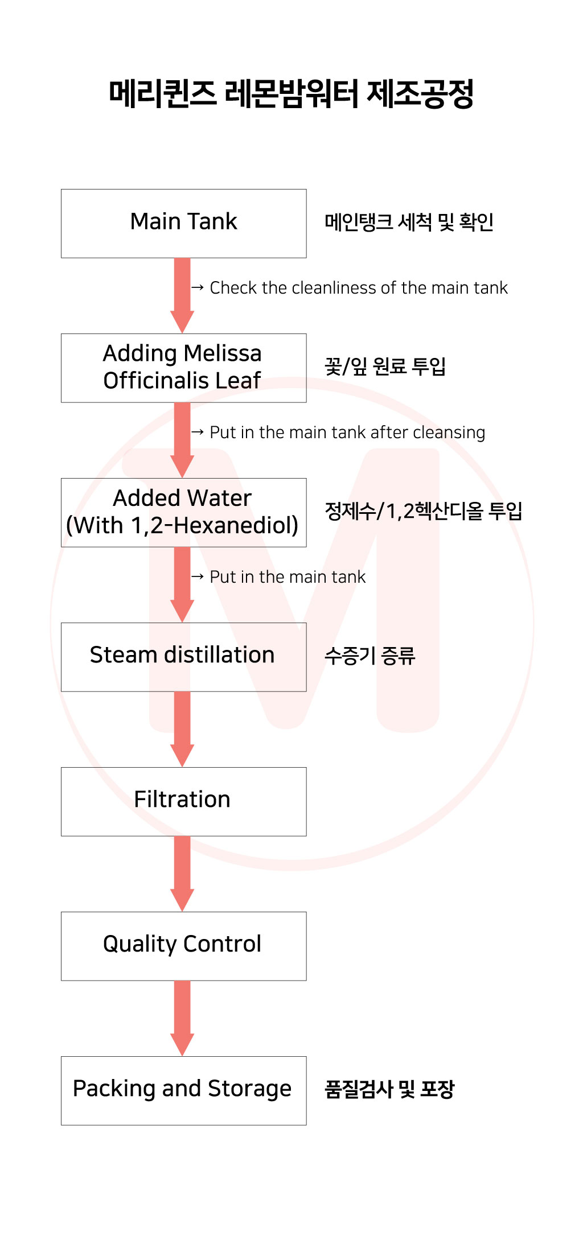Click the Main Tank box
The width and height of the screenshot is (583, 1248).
[183, 223]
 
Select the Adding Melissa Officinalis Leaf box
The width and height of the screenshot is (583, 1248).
[183, 368]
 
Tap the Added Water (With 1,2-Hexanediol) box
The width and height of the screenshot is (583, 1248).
[183, 512]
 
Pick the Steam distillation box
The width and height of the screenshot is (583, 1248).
[183, 657]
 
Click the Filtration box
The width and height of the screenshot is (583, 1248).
[183, 801]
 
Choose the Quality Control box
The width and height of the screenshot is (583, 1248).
[183, 946]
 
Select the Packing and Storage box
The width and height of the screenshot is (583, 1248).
[183, 1090]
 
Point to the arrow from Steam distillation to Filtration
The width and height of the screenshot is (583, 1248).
[182, 728]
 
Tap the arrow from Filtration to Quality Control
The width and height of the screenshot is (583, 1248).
[182, 873]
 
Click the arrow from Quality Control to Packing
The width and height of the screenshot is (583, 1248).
[182, 1018]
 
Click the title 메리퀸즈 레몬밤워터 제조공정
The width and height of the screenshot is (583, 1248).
[291, 94]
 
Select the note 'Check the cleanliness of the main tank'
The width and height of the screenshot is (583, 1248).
[358, 288]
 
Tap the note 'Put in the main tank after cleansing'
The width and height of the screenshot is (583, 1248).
[347, 433]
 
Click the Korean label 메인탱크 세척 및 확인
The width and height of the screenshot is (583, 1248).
[409, 222]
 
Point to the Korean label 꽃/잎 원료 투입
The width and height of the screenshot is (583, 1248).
[385, 366]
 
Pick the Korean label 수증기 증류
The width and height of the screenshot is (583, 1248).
[369, 656]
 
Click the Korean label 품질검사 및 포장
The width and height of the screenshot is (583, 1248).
[389, 1089]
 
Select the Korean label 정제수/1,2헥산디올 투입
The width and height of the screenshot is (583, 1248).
[423, 511]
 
